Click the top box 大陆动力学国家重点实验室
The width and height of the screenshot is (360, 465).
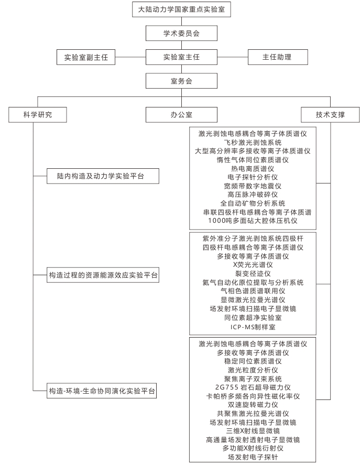point(181,9)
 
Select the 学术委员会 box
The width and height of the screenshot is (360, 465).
point(181,33)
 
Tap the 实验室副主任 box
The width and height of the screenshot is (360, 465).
point(86,57)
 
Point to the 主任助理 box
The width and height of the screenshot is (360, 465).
point(278,57)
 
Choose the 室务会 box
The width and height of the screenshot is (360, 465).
point(181,81)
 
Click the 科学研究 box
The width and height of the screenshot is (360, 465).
point(38,115)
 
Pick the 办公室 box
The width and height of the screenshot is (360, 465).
point(181,115)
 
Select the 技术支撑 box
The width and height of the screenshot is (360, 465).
point(330,115)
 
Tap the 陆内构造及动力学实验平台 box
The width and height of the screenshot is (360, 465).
point(103,176)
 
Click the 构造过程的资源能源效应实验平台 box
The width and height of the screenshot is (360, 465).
point(103,275)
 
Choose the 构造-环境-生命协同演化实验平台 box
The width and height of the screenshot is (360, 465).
point(102,391)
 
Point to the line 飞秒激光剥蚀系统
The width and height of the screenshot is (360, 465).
point(253,143)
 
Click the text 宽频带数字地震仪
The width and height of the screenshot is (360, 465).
point(253,186)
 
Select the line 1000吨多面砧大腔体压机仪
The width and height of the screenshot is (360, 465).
point(253,221)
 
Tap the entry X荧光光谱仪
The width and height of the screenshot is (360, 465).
point(253,265)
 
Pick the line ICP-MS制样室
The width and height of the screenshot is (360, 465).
point(253,327)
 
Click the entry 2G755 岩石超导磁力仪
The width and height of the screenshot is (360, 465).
point(253,387)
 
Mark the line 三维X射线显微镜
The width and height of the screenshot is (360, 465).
point(253,431)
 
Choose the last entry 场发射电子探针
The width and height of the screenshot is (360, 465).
point(253,457)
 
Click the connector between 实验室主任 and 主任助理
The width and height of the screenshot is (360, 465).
point(233,57)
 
